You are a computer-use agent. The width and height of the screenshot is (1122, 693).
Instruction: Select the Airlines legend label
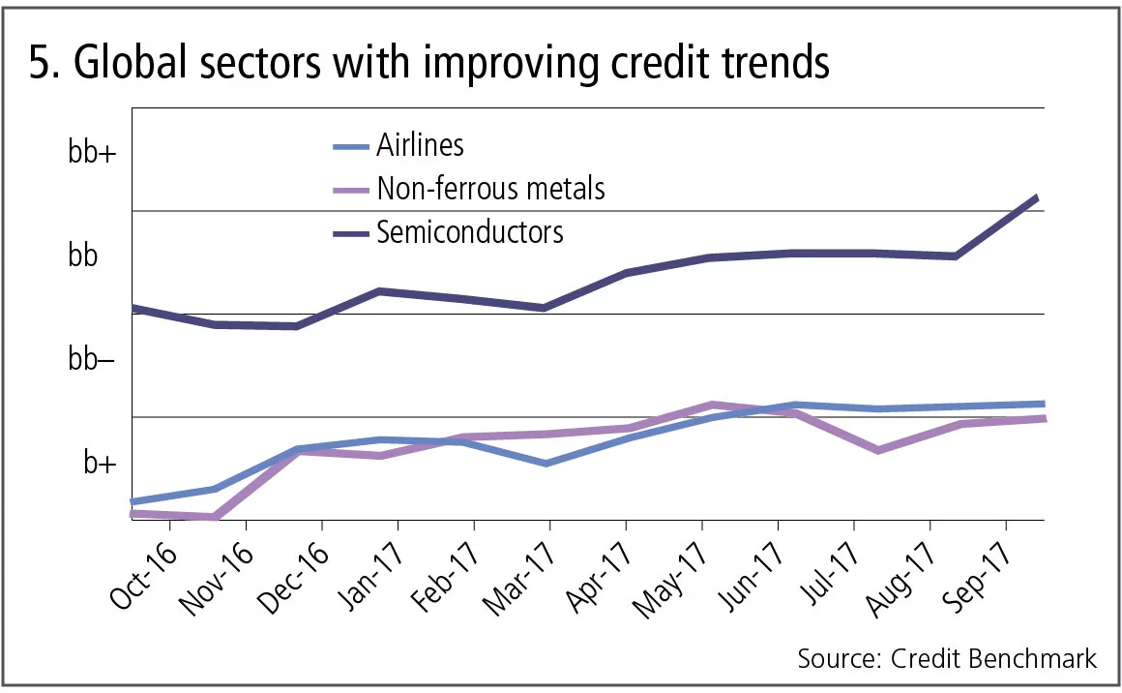pyautogui.click(x=420, y=145)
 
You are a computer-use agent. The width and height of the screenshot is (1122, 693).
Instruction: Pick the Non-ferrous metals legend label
pyautogui.click(x=490, y=188)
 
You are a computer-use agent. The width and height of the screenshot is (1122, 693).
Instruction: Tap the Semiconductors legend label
pyautogui.click(x=470, y=232)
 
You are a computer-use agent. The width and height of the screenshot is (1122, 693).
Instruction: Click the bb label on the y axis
pyautogui.click(x=83, y=256)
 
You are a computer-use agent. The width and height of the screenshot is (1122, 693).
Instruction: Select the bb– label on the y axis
pyautogui.click(x=92, y=360)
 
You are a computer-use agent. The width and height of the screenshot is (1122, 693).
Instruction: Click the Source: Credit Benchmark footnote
pyautogui.click(x=947, y=659)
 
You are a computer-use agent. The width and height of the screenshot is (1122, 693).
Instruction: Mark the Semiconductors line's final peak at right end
pyautogui.click(x=1037, y=197)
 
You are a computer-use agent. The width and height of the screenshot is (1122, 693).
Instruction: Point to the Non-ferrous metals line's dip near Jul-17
pyautogui.click(x=877, y=450)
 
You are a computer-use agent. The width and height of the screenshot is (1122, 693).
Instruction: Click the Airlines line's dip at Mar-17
pyautogui.click(x=547, y=464)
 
